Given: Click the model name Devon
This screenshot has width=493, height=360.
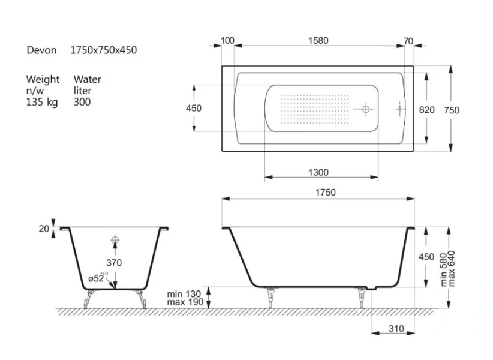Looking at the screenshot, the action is point(41,50).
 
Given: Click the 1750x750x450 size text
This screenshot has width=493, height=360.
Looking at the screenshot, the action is point(103,50).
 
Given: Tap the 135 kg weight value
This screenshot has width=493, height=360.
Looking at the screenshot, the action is point(42,102).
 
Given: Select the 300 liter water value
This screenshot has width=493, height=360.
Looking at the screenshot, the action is point(82,102).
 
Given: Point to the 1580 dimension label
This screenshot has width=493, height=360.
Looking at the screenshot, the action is point(318,41).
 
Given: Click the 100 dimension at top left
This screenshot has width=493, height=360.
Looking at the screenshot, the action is point(228,41).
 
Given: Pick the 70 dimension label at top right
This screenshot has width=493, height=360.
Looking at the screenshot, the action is point(408,41).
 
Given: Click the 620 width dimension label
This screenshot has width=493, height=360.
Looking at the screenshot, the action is point(426,110).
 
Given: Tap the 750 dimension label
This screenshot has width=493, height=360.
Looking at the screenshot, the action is point(452,110).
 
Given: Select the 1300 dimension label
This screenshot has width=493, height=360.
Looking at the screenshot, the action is point(318,172).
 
